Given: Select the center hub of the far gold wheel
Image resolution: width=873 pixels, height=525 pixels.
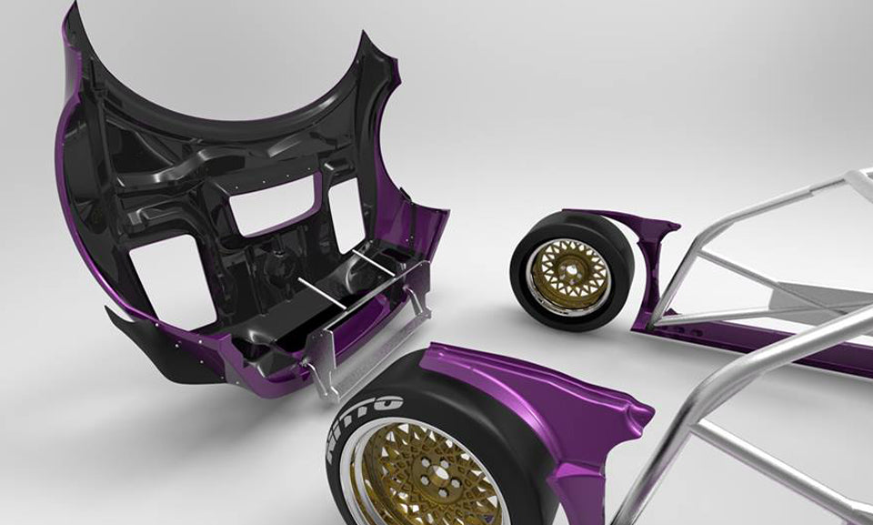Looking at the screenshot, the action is click(x=568, y=273).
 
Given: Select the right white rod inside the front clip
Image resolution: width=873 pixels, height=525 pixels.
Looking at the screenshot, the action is click(x=373, y=262).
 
